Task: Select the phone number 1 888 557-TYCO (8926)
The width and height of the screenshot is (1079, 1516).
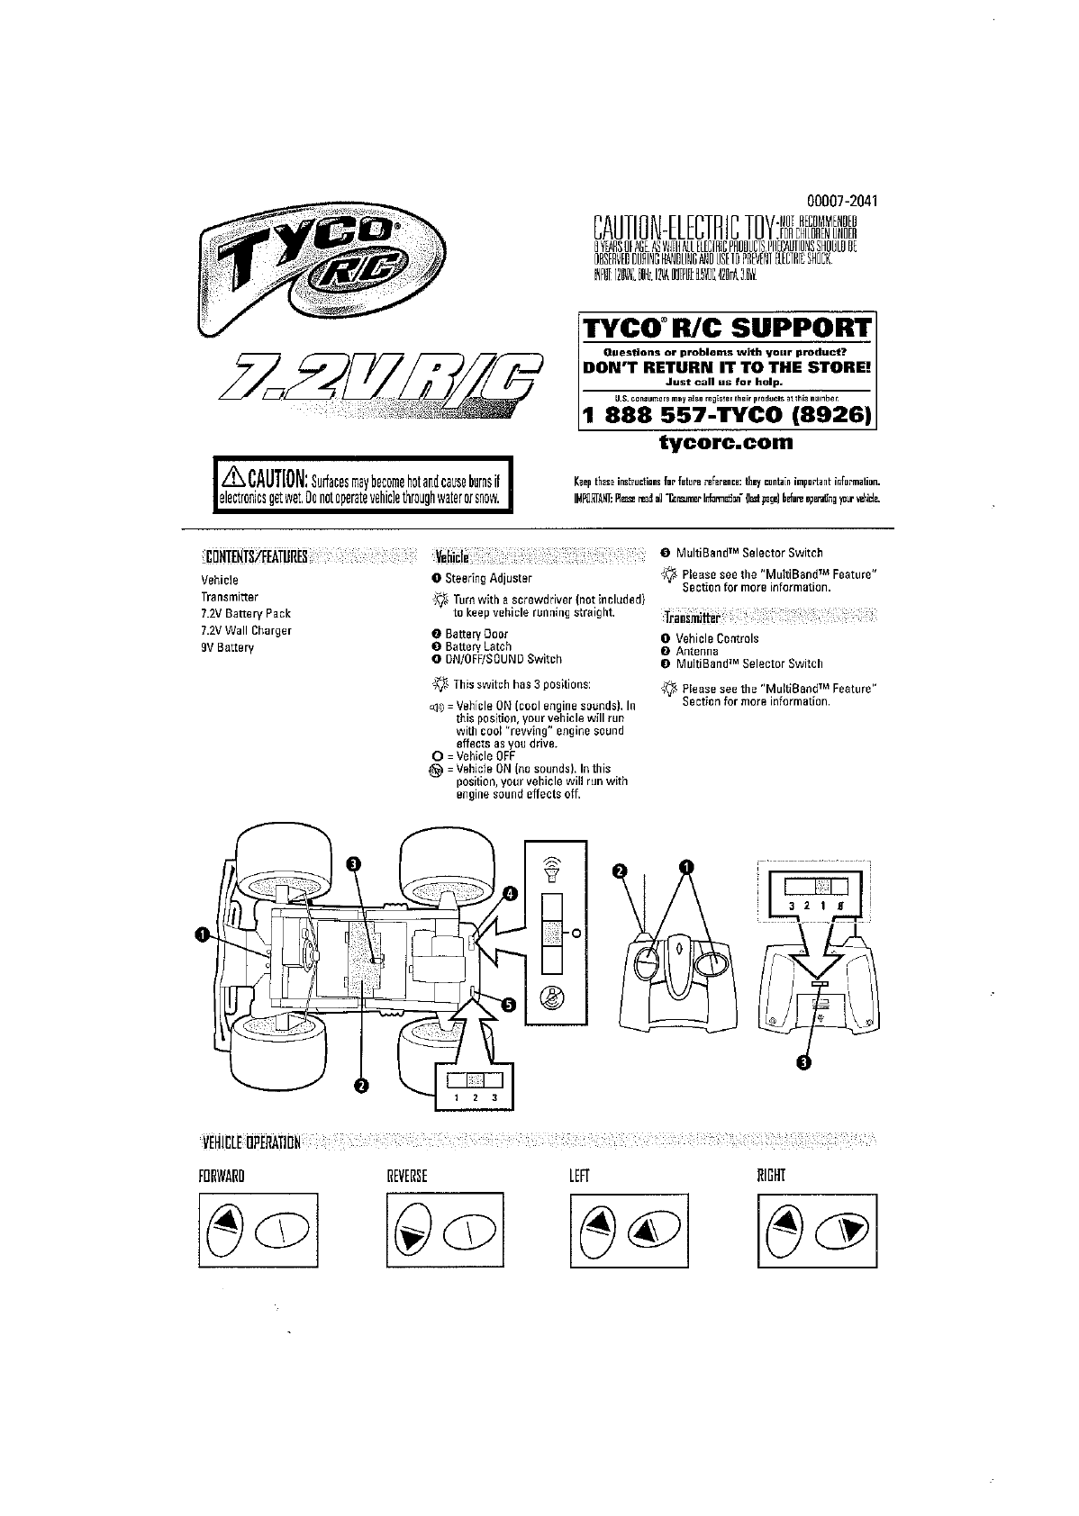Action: click(x=727, y=415)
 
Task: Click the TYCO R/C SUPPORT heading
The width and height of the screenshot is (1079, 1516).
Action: click(x=727, y=329)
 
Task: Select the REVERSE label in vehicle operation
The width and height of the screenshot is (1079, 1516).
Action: click(x=406, y=1175)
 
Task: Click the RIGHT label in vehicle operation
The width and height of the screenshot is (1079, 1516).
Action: click(x=773, y=1175)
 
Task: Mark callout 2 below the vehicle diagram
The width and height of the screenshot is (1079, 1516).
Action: click(x=361, y=1085)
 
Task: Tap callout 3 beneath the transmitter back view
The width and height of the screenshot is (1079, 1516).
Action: click(x=803, y=1063)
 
